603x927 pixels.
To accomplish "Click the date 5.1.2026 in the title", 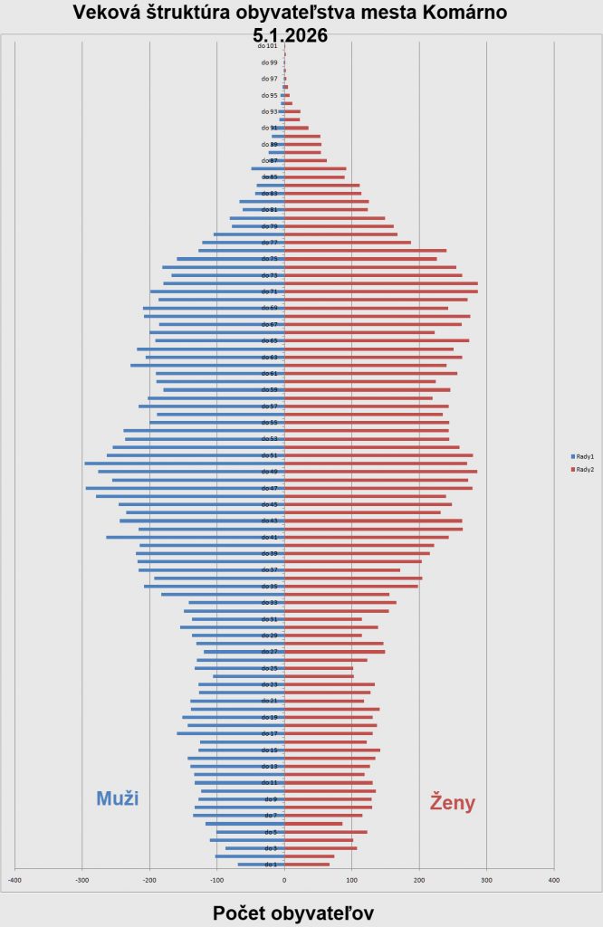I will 291,35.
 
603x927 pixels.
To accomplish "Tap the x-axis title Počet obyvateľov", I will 292,913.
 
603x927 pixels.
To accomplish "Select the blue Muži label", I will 117,798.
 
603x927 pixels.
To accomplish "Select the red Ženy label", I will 453,802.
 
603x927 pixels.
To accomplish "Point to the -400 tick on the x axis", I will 14,879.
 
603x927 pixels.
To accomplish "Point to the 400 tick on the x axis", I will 553,879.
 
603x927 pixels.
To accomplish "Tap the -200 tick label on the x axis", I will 149,879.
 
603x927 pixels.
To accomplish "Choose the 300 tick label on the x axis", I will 486,879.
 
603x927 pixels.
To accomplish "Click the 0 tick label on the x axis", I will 284,879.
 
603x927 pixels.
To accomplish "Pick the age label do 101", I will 267,46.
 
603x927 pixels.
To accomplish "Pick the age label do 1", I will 271,865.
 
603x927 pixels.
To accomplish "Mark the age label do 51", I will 269,455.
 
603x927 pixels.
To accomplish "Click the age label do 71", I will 269,291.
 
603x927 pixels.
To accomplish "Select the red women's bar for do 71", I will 381,291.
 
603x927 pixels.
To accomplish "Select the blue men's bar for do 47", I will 185,488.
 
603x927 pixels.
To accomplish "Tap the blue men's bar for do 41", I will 196,537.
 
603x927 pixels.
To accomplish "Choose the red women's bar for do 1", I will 307,865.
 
